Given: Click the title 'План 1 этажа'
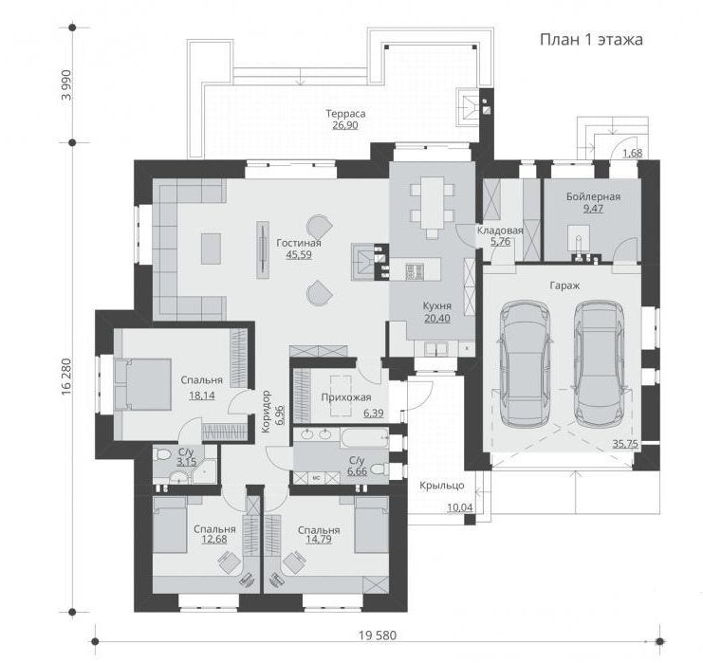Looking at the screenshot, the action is point(591,40).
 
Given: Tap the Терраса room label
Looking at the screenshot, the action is point(345,114).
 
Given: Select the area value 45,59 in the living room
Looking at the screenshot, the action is point(299,254).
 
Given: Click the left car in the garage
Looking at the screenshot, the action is point(525,363).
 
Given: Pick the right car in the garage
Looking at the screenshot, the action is point(599,363).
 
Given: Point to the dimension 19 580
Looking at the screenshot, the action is point(378,635).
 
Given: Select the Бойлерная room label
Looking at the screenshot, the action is point(593,196).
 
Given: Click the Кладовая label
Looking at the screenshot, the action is point(500,230).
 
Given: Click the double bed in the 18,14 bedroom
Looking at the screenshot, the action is point(142,384).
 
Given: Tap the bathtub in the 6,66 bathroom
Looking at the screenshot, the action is point(364,438).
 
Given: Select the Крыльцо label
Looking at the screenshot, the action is point(441,485).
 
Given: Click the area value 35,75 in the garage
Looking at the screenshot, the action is point(625,444).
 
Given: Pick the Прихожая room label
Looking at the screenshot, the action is point(346,397).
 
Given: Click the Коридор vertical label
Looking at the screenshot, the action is point(266,412).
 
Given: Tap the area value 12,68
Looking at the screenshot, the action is point(214,540).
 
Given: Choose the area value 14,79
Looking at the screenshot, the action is point(319,540).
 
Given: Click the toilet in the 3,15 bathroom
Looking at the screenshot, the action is point(161,455).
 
